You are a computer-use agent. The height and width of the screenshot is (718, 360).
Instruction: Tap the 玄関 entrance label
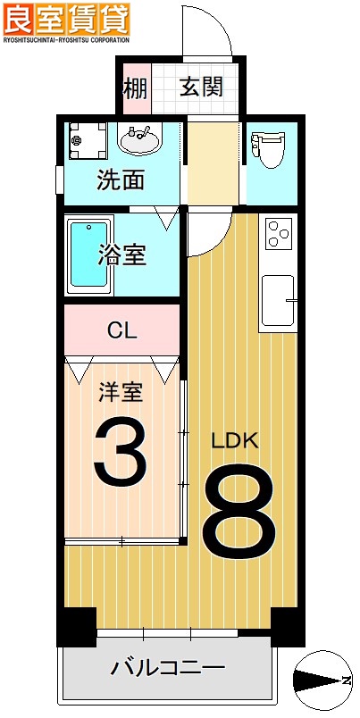coord(201,88)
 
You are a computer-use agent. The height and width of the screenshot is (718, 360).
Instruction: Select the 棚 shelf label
coord(135,88)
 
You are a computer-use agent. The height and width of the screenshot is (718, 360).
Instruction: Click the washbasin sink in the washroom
coord(139,139)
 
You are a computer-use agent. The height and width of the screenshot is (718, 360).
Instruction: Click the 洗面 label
coord(121,180)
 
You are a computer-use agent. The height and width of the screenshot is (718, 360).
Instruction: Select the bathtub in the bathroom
coord(89,254)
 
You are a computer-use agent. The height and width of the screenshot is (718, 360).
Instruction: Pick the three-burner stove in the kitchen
coord(278,234)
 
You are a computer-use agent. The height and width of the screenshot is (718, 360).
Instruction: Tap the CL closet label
coord(121,330)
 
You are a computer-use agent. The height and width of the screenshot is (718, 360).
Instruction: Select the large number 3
coord(120,455)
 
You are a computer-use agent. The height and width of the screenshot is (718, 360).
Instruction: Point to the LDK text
coord(235,441)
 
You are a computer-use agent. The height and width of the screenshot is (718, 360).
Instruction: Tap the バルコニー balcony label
coord(167,667)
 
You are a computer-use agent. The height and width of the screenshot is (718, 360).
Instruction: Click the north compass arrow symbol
coord(322,681)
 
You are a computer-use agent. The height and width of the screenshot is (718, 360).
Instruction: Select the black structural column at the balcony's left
coord(77,626)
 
